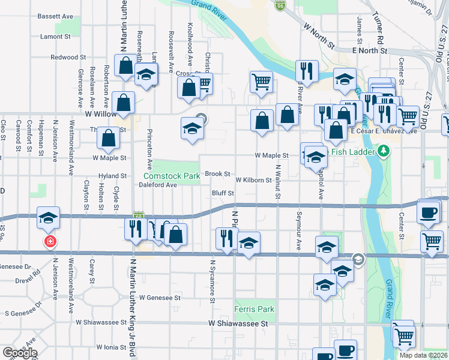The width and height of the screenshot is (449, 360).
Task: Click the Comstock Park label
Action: point(171,176)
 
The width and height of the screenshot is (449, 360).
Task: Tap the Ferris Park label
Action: point(255,310)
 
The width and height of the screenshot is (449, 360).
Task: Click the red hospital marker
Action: point(50,241)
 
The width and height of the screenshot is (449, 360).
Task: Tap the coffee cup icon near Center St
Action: point(428,213)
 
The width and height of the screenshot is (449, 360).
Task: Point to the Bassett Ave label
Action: point(55,16)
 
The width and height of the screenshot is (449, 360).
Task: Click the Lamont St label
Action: point(56,37)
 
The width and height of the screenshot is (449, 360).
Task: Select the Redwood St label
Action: point(68,58)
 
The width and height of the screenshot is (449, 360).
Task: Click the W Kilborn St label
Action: point(253,180)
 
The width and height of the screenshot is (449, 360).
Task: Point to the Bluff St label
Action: point(222,193)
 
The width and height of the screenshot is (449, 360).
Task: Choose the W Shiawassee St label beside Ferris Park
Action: point(238,323)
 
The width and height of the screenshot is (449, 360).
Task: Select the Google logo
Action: point(20,353)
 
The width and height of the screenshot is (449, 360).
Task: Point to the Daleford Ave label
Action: point(158,185)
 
